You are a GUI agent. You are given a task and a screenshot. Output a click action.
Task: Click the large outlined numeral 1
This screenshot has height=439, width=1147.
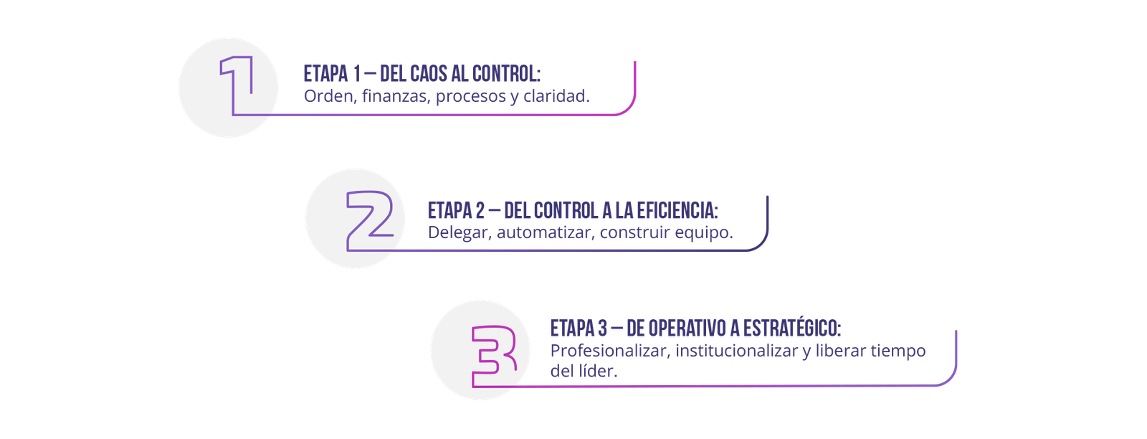point(238,85)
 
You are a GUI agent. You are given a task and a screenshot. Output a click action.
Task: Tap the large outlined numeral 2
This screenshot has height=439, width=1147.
point(370,221)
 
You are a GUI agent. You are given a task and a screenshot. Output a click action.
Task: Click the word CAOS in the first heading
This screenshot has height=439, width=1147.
point(428,74)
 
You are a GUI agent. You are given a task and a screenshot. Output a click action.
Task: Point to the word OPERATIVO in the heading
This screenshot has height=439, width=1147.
point(687,329)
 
